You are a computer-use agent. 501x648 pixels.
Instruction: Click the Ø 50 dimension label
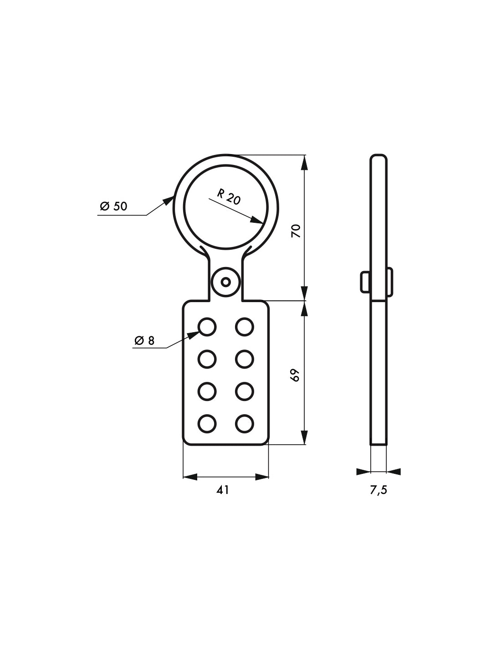coord(114,206)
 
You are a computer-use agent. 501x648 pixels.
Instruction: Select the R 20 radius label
coord(229,197)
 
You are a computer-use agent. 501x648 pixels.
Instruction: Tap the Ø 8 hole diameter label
coord(144,340)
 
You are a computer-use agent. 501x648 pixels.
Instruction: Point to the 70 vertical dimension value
coord(297,231)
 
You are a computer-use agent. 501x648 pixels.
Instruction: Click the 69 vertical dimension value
coord(297,375)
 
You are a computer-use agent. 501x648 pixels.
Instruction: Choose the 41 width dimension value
coord(223,490)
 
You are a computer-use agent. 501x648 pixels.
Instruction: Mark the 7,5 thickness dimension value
coord(378,490)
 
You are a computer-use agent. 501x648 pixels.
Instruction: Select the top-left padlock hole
coord(207,326)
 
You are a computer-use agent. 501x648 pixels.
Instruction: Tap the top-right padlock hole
coord(244,326)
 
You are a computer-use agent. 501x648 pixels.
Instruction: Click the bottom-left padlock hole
coord(207,423)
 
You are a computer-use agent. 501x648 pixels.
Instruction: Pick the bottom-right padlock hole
coord(244,423)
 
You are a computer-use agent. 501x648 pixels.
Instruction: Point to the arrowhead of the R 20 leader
coord(258,221)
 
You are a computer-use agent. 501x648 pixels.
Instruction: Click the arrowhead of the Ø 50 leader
coord(170,199)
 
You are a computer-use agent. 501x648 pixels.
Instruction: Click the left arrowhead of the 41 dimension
coord(189,477)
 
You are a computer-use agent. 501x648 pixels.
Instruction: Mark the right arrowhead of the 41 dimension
coord(262,477)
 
